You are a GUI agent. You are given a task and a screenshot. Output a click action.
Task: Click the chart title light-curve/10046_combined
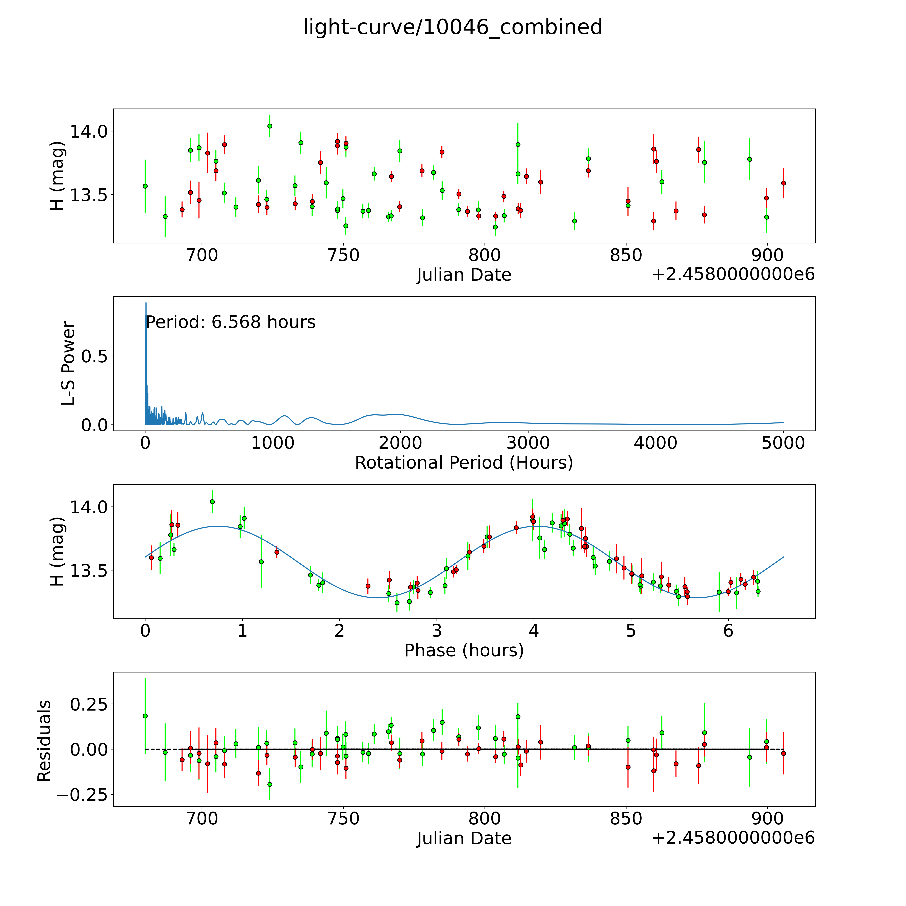pos(452,27)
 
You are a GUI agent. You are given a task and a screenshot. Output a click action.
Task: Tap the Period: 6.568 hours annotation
pos(230,322)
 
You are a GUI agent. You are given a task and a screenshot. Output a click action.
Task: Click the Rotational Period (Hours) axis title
pos(464,463)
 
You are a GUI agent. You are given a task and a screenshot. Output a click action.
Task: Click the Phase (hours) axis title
pos(464,650)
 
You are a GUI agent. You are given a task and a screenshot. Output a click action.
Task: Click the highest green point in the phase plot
pos(212,501)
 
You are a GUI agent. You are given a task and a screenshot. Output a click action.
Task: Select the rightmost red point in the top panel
pos(783,183)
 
